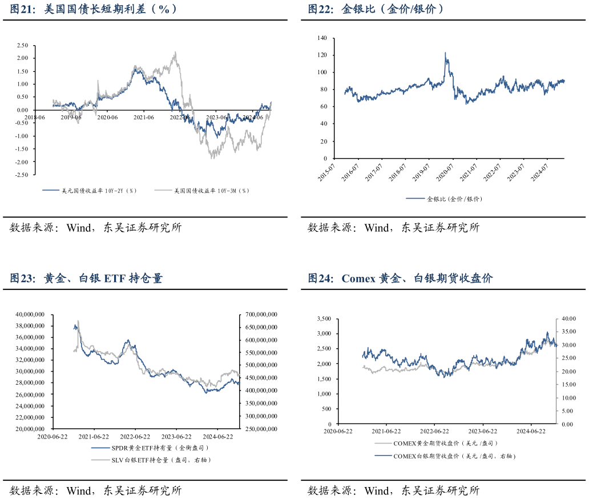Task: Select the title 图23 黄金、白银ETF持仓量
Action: tap(86, 279)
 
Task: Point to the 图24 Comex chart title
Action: tap(400, 279)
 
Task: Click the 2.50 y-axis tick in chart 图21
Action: tap(23, 45)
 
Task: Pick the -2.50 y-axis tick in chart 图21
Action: tap(22, 175)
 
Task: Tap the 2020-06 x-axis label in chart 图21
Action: tap(107, 118)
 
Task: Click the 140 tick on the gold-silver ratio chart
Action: tap(322, 38)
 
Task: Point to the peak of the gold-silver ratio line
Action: tap(445, 53)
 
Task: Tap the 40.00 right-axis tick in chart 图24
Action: tap(568, 319)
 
